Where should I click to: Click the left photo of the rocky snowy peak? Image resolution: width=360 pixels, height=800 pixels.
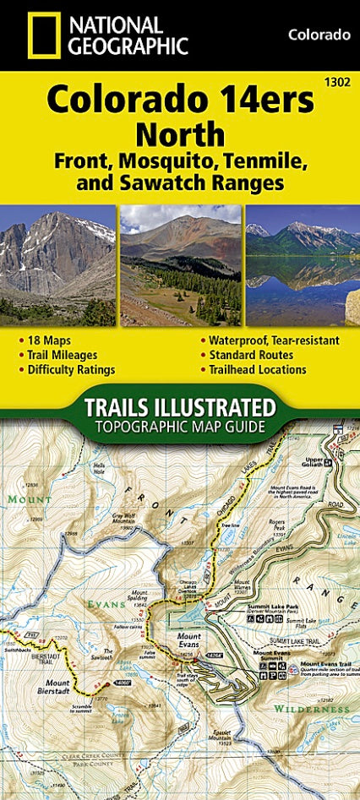click(57, 264)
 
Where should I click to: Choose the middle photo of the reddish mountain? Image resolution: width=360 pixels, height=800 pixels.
click(180, 264)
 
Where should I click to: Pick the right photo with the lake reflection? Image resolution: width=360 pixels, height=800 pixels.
click(303, 264)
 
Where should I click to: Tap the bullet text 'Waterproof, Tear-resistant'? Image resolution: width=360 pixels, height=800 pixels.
click(270, 340)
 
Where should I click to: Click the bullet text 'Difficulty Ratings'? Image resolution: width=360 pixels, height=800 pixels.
click(71, 369)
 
